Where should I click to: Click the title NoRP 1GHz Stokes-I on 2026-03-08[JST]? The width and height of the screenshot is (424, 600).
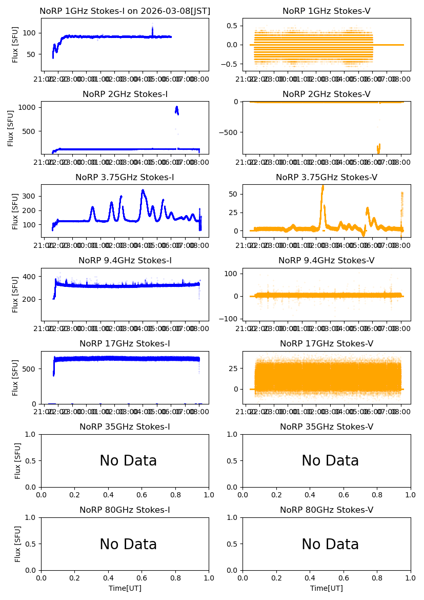coord(125,11)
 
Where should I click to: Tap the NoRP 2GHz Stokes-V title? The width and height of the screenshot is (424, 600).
coord(327,94)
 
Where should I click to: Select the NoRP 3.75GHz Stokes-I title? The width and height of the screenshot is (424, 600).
coord(125,178)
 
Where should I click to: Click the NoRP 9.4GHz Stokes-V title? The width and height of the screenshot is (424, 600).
coord(327,261)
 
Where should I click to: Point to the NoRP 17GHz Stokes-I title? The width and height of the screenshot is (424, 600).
coord(125,344)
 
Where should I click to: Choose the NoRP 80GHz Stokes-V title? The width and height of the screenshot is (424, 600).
coord(327,510)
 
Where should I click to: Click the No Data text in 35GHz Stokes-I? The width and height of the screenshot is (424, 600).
coord(128,461)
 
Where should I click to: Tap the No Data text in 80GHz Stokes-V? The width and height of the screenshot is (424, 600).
coord(330,544)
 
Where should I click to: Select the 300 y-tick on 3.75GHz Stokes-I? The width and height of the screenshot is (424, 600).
coord(30,196)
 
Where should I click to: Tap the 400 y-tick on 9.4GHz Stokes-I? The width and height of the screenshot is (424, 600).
coord(30,277)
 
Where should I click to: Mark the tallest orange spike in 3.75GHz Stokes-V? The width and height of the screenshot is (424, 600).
coord(322,186)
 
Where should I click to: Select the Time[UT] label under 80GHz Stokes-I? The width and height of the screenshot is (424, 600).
coord(125,588)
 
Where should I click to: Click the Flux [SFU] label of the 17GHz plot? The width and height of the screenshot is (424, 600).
coord(15,377)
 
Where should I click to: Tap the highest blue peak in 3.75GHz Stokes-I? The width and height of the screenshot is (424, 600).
coord(143,190)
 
